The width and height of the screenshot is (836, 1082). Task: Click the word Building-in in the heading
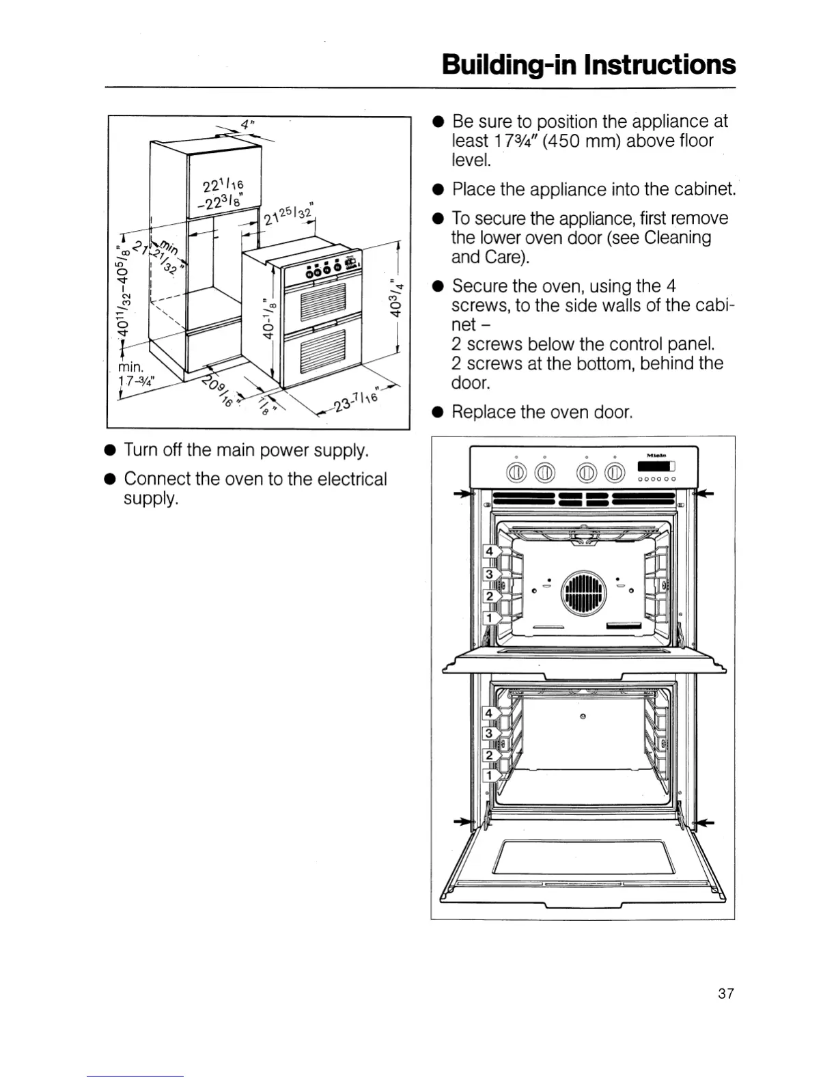(509, 65)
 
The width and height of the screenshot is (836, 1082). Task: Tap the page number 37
(725, 993)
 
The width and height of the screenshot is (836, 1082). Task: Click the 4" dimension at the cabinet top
(245, 125)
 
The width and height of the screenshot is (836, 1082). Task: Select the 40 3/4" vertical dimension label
(395, 298)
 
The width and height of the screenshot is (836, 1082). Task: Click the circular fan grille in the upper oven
(583, 590)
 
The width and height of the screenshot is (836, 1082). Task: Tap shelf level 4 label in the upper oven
(489, 551)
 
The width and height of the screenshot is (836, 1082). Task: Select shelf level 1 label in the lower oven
(488, 775)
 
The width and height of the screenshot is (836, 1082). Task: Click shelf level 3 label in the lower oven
(488, 734)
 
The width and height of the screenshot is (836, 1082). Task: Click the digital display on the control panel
(656, 467)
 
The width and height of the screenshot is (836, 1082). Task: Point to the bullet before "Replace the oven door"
(438, 413)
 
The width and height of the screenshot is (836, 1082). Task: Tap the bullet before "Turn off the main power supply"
(110, 451)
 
